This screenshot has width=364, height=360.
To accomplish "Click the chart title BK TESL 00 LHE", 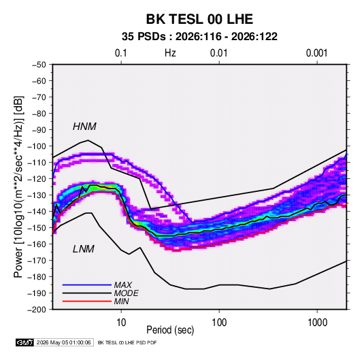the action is [199, 19].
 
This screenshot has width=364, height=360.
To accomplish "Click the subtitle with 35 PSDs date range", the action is [199, 37].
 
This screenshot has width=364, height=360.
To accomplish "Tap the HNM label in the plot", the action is [84, 127].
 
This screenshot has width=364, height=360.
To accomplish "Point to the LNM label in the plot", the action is [84, 249].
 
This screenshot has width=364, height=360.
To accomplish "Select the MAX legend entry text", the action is [123, 285].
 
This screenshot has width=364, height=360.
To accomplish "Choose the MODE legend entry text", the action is [127, 293].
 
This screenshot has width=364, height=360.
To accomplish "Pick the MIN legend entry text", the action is [121, 301].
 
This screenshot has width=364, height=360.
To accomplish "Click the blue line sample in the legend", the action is [87, 285].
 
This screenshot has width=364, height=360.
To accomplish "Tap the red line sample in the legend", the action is [87, 301].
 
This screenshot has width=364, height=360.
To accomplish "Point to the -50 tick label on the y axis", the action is [39, 65].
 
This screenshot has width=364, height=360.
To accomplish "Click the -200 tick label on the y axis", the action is [37, 310].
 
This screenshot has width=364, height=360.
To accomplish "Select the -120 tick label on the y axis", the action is [37, 179].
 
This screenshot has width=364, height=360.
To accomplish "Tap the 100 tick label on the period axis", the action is [219, 323].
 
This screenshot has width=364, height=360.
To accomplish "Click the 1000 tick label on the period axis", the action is [317, 323].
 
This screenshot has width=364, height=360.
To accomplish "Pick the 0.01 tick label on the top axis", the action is [218, 53].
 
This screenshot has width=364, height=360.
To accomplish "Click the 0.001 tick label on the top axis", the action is [316, 53].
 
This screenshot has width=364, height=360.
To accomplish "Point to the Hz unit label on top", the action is [170, 53].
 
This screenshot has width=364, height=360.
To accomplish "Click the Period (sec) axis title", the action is [170, 330].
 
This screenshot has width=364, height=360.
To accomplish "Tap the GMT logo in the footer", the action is [25, 342].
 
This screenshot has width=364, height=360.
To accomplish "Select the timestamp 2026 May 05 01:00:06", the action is [64, 342].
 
